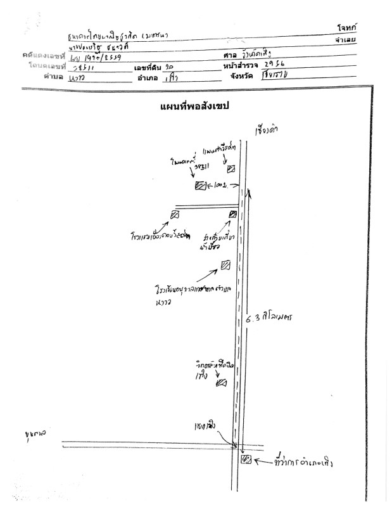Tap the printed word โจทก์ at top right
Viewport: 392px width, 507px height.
click(348, 28)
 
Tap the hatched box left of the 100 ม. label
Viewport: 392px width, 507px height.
click(200, 186)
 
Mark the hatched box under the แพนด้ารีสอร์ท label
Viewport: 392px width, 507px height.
click(231, 169)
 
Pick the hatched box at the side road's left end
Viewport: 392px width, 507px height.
click(175, 215)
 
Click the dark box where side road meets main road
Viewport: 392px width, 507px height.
click(232, 214)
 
